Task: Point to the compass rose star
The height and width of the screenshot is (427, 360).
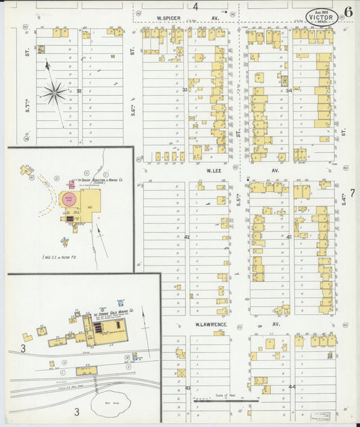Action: tap(55, 91)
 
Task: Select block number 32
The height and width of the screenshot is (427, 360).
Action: tap(78, 91)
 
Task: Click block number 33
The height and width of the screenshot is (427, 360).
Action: tap(184, 89)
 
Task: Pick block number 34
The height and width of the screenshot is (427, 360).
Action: tap(288, 90)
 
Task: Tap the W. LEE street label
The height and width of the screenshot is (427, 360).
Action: tap(215, 171)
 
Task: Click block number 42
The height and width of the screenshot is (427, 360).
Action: tap(186, 237)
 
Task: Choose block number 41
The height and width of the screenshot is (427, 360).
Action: tap(289, 237)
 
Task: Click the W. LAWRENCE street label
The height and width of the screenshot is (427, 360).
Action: tap(211, 325)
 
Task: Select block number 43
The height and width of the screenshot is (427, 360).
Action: tap(187, 388)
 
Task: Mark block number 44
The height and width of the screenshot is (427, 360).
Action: tap(292, 386)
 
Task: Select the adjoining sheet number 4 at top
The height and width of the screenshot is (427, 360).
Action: tap(195, 7)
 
